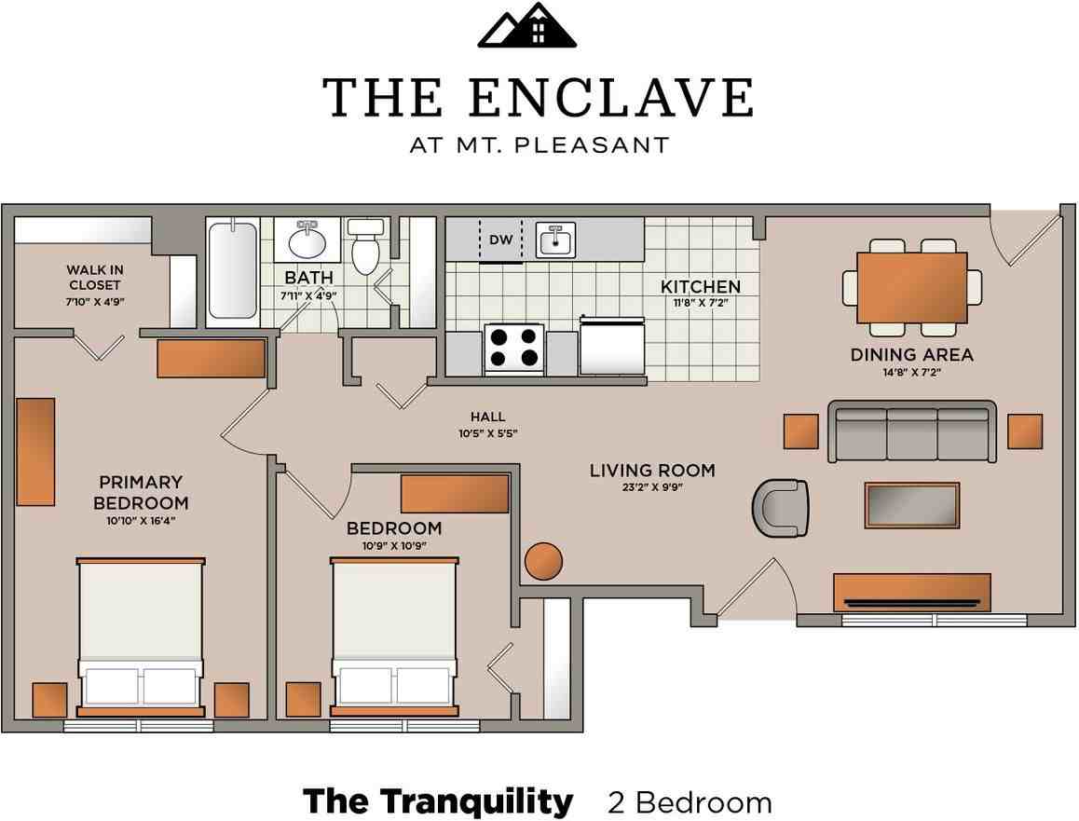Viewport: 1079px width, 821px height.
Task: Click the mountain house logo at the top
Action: (x=527, y=25)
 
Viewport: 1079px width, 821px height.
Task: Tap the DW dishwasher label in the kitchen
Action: (x=501, y=239)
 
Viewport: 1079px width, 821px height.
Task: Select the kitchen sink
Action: (x=555, y=240)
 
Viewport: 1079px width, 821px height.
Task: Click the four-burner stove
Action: (x=513, y=349)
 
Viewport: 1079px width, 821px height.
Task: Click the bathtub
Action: (x=233, y=270)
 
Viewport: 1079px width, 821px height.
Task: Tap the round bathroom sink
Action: (x=307, y=240)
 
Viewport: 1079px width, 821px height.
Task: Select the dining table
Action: (x=912, y=287)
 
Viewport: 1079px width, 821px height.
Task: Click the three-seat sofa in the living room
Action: (x=912, y=431)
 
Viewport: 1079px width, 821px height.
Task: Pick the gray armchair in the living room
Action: (x=780, y=508)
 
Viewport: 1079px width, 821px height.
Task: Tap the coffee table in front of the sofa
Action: (x=912, y=506)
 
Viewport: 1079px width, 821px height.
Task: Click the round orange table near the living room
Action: (x=543, y=561)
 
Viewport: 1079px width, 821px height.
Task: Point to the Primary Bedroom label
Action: (x=141, y=492)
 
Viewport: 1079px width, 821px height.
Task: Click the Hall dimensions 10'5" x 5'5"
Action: (x=488, y=433)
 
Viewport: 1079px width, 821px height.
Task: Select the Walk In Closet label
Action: (x=95, y=278)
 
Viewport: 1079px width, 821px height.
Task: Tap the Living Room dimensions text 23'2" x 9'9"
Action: (x=651, y=488)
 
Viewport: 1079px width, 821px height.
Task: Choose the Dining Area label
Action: (x=912, y=354)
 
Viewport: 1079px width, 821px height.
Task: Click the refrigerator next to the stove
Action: (x=612, y=346)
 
